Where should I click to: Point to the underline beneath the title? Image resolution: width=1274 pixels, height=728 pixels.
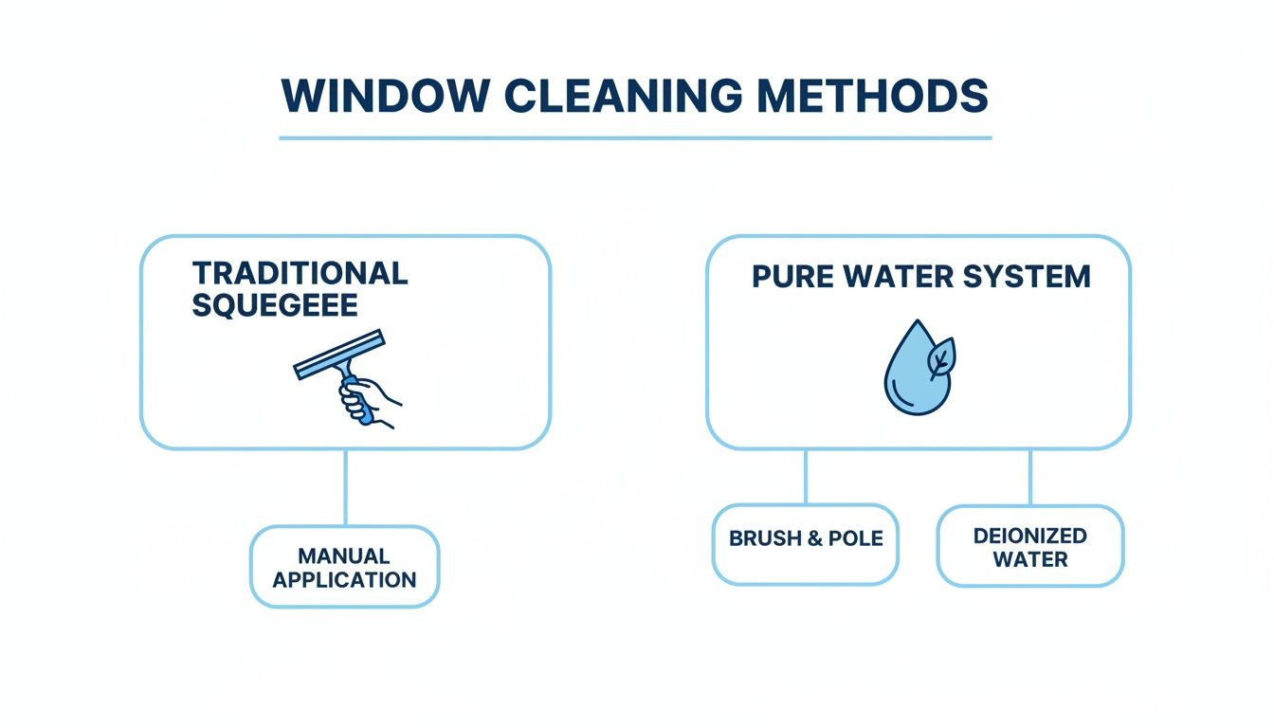(x=635, y=138)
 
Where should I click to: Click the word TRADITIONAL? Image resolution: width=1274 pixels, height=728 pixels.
(x=300, y=273)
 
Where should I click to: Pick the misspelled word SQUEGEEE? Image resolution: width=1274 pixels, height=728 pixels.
(x=275, y=305)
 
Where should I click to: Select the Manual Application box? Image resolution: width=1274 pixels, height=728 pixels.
(x=344, y=566)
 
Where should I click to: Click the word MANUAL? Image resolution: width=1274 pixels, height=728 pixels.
(x=344, y=555)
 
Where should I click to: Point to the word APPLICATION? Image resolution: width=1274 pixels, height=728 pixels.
(x=344, y=579)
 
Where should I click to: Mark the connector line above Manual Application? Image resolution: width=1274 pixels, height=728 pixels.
(x=345, y=487)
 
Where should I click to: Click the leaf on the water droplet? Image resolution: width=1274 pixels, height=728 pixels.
(x=942, y=358)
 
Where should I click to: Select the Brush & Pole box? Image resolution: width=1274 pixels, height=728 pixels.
(x=805, y=543)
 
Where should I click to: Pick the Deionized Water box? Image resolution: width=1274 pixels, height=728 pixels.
(x=1029, y=546)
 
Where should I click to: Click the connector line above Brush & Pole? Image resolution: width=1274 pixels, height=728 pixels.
(x=805, y=477)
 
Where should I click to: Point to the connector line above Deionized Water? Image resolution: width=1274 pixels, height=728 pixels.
(x=1029, y=477)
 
